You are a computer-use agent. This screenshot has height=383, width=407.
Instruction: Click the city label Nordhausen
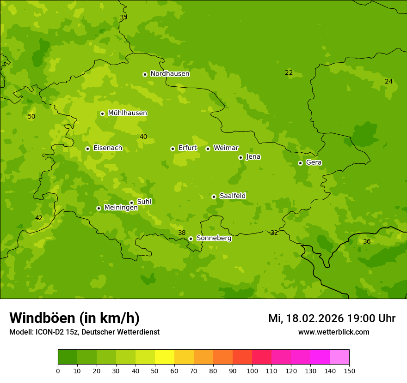point(170,74)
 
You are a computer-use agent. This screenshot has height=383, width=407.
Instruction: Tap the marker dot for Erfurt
point(173,149)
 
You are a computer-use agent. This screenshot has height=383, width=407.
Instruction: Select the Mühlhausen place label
point(127,113)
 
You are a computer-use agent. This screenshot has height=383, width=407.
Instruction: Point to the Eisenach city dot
point(87,149)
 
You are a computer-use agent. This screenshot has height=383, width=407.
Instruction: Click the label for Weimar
point(226,148)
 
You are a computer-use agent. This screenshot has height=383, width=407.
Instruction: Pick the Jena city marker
point(240,157)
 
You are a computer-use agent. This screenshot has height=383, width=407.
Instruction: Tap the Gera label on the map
point(314,162)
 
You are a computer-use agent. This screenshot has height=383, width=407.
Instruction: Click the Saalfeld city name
point(232,196)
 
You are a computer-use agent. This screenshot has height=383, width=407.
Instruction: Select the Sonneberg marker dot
point(191,239)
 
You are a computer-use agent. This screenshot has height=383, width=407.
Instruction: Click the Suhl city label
point(144,202)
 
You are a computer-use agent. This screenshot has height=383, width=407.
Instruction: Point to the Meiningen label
point(121,208)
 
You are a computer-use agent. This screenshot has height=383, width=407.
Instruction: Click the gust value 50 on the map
point(31,117)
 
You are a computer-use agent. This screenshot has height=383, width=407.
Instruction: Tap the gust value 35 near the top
point(123,18)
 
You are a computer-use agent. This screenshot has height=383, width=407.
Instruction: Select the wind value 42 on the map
point(39,218)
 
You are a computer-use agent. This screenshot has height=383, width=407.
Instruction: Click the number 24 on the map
point(388,82)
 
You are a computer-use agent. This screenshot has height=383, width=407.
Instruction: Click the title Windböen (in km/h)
point(74,318)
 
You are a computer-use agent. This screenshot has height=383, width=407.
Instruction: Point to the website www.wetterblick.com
point(333,332)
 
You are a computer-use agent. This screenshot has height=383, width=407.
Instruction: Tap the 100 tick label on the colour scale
point(252,371)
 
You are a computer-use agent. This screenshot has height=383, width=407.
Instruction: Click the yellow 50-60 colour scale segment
point(165,357)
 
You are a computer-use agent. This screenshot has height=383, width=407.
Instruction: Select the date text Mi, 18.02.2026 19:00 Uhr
point(332,318)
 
